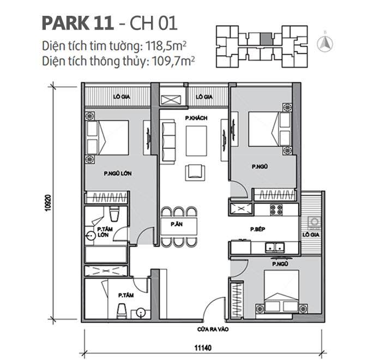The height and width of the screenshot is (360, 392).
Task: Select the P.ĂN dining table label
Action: pyautogui.click(x=176, y=225)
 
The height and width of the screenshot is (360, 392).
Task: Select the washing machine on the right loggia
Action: pyautogui.click(x=314, y=223)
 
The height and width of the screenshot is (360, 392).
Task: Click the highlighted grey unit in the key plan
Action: pyautogui.click(x=265, y=38)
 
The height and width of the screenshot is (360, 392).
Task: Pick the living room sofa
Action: pyautogui.click(x=168, y=140)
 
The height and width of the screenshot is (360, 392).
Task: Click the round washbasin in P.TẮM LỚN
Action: pyautogui.click(x=90, y=236)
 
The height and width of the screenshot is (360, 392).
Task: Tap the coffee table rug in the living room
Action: pyautogui.click(x=196, y=141)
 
